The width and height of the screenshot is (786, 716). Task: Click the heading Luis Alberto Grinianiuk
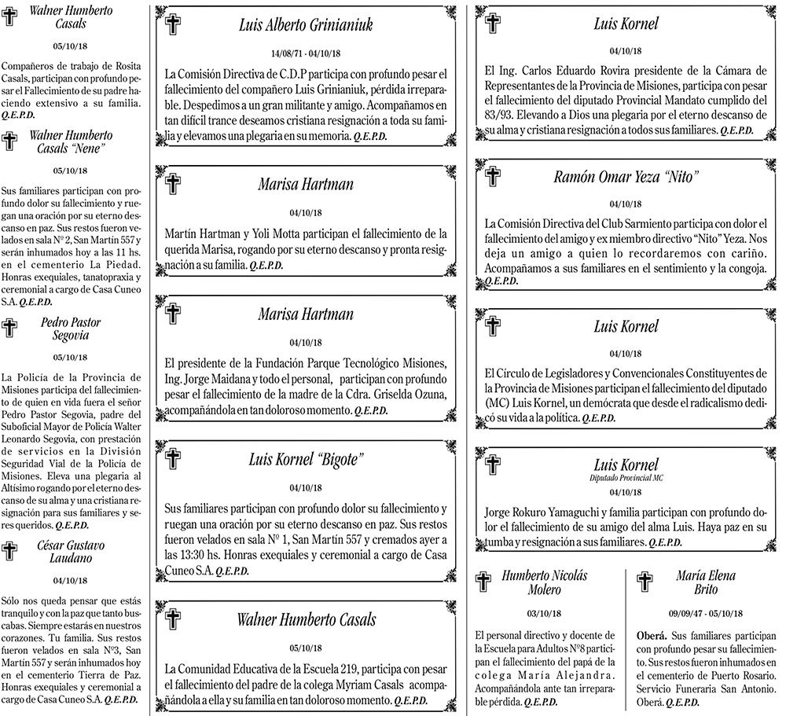pos(306,25)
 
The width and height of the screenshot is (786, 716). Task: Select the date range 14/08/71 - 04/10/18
pos(306,53)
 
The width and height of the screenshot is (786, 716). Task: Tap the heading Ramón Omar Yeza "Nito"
pos(626,177)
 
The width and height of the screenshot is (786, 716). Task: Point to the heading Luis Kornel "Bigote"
pos(306,459)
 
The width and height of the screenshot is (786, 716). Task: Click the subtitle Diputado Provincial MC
pos(626,478)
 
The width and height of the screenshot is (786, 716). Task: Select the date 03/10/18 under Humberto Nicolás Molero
pos(544,613)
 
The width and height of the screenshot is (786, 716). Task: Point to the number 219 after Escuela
pos(347,669)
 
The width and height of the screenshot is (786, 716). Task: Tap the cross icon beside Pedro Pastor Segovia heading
pos(10,328)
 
